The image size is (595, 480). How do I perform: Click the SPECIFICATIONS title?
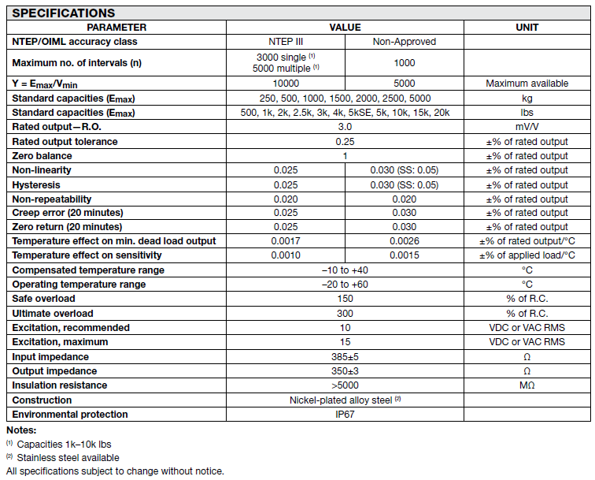(x=64, y=13)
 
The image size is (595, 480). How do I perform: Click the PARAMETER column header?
(x=116, y=27)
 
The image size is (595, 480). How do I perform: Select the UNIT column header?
(x=527, y=27)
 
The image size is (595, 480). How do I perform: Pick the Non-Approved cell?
(x=404, y=41)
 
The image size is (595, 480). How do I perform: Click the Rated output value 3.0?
(x=345, y=127)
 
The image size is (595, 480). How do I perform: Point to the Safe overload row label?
(x=44, y=299)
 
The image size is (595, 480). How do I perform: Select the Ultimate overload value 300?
(x=345, y=313)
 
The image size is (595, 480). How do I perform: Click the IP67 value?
(x=345, y=414)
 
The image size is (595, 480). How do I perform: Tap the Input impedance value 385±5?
(x=345, y=356)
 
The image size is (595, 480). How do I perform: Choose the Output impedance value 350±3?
(x=345, y=370)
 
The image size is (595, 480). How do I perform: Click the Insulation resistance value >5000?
(x=345, y=385)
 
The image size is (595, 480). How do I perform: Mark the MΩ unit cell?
(x=527, y=385)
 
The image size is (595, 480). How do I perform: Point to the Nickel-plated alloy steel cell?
(x=345, y=400)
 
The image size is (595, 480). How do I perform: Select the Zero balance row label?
(x=42, y=156)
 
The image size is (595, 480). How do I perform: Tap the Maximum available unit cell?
(x=527, y=84)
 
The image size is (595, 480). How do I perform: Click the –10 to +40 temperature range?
(x=345, y=270)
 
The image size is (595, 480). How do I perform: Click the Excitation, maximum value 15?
(x=345, y=342)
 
